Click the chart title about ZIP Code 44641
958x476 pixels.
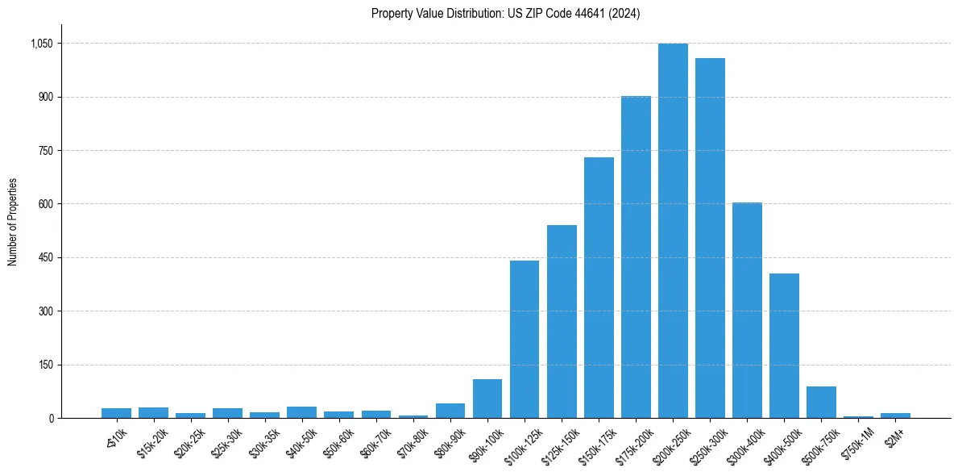pyautogui.click(x=505, y=14)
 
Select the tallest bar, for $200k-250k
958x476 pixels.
pyautogui.click(x=673, y=231)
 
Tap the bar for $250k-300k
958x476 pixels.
pyautogui.click(x=710, y=238)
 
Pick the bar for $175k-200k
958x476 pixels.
pyautogui.click(x=636, y=257)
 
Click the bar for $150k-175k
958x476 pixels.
pyautogui.click(x=599, y=287)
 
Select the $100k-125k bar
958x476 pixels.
pyautogui.click(x=525, y=339)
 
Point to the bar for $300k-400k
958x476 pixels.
pyautogui.click(x=747, y=310)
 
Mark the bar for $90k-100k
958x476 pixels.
pyautogui.click(x=487, y=399)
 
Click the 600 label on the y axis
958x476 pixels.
pyautogui.click(x=45, y=204)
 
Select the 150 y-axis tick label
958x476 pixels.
pyautogui.click(x=45, y=365)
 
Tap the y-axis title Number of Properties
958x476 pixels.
pyautogui.click(x=13, y=222)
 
